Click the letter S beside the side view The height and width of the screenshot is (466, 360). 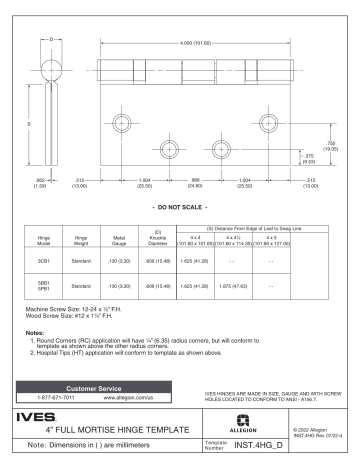click(30, 124)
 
